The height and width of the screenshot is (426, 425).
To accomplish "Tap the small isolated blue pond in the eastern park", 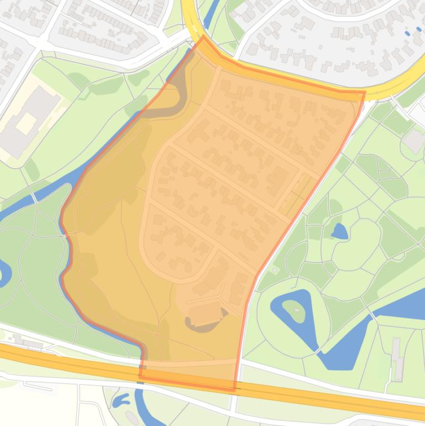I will (339, 231).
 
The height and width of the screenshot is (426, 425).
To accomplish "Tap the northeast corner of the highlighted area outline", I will (364, 92).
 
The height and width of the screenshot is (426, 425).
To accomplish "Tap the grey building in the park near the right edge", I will (414, 141).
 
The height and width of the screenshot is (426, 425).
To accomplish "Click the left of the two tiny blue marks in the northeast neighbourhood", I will (407, 34).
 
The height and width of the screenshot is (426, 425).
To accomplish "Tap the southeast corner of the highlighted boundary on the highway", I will (234, 389).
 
